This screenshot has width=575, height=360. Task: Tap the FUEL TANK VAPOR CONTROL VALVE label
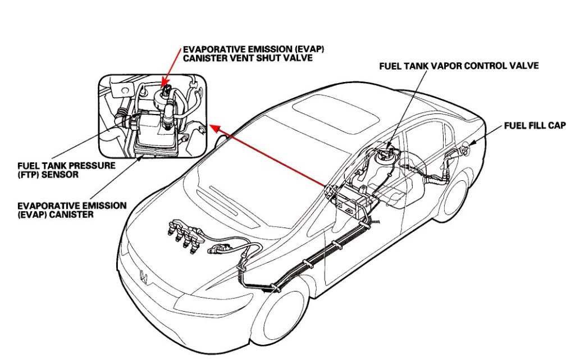[x=459, y=66]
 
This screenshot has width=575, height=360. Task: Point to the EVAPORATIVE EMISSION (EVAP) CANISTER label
[x=72, y=209]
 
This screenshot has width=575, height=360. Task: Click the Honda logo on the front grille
[x=143, y=276]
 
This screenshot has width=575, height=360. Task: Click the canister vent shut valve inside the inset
[x=164, y=93]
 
